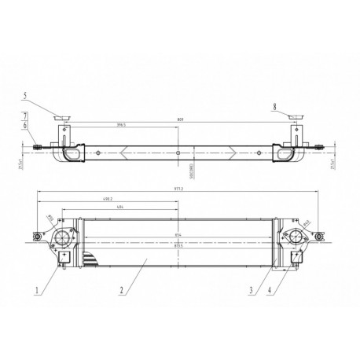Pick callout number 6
pyautogui.click(x=25, y=125)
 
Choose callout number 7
pyautogui.click(x=25, y=116)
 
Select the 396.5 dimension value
pyautogui.click(x=122, y=124)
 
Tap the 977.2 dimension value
pyautogui.click(x=180, y=189)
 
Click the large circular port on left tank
pyautogui.click(x=64, y=237)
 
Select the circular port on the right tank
pyautogui.click(x=296, y=237)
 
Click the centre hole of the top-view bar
pyautogui.click(x=179, y=152)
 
